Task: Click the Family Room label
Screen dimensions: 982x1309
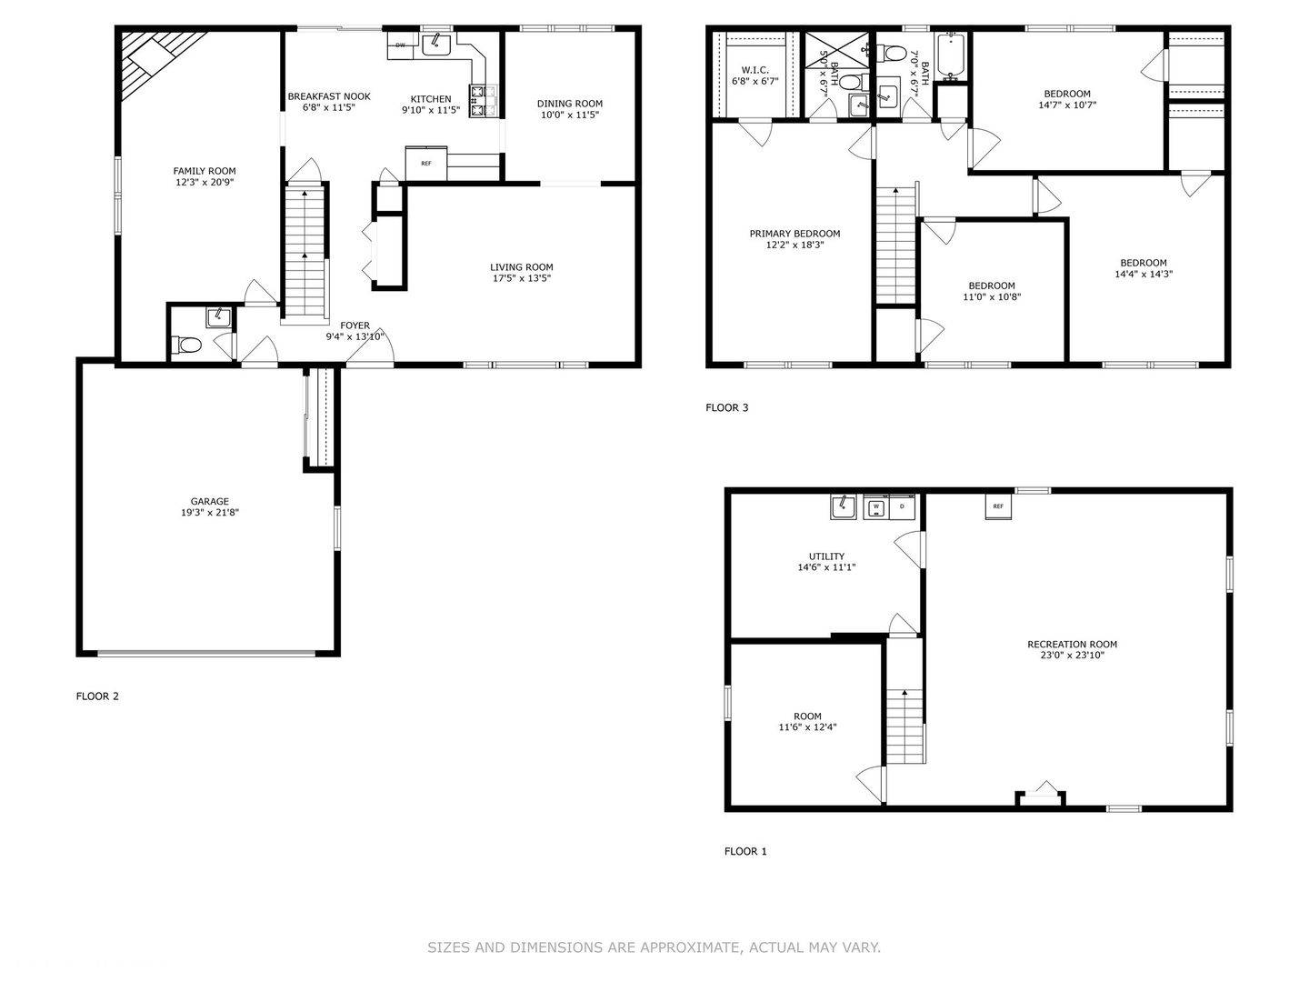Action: coord(205,171)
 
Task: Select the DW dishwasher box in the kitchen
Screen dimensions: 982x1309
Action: coord(400,45)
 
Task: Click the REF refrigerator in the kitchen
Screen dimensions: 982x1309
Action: coord(425,164)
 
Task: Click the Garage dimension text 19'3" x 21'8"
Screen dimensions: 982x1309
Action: coord(210,513)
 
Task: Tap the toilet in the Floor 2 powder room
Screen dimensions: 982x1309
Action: coord(186,346)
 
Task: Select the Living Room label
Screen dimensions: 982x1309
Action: coord(522,267)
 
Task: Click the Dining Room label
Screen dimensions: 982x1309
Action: coord(570,104)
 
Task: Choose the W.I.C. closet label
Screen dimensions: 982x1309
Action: coord(755,70)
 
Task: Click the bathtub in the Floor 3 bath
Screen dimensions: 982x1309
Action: coord(952,53)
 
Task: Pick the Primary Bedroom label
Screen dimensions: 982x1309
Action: coord(794,234)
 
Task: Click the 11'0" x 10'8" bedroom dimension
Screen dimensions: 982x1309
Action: coord(992,296)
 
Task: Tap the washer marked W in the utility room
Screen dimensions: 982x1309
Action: coord(876,506)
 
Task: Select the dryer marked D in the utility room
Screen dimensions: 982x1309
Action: coord(902,506)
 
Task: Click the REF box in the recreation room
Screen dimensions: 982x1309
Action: coord(998,506)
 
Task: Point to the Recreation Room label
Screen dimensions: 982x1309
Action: coord(1072,645)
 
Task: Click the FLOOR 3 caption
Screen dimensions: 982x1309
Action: coord(727,407)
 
